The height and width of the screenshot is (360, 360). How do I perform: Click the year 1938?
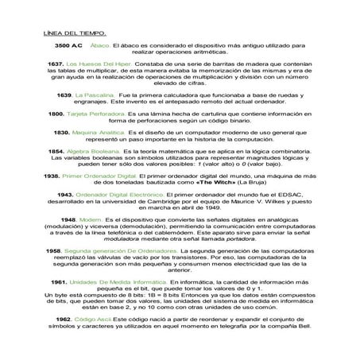tap(55, 173)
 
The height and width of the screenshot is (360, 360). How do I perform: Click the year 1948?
tap(68, 219)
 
